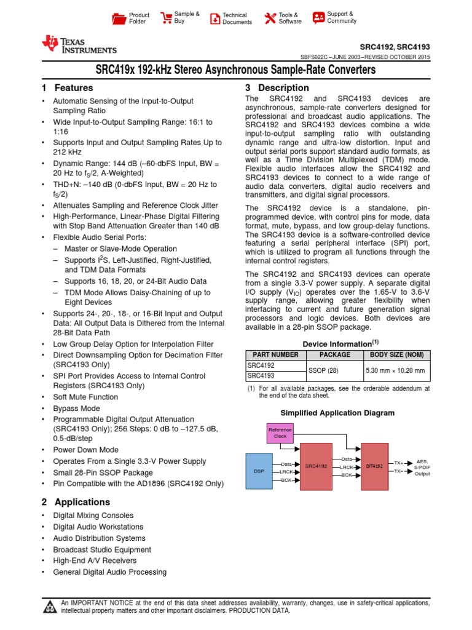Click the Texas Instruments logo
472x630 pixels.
(78, 44)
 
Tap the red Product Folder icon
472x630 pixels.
(119, 18)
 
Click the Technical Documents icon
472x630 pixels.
(214, 18)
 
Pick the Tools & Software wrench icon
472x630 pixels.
(269, 18)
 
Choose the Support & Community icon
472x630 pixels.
(318, 17)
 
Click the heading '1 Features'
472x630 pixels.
(67, 88)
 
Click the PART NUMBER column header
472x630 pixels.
(273, 355)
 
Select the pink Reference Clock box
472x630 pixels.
(280, 433)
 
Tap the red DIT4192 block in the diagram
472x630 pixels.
(374, 466)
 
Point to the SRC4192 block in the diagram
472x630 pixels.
(316, 466)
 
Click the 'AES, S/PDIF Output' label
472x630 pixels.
(422, 468)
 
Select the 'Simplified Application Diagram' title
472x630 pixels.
(337, 413)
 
